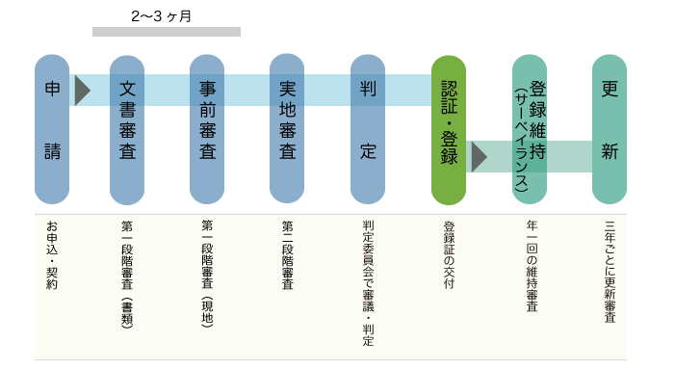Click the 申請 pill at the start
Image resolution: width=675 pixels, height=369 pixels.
(51, 129)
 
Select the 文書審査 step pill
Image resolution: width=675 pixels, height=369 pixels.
(126, 129)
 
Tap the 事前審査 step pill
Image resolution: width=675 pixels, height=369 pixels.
(206, 129)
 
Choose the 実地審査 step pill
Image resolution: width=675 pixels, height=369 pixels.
(287, 129)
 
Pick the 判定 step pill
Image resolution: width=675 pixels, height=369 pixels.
(367, 129)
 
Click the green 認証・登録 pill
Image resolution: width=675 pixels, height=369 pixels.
(448, 129)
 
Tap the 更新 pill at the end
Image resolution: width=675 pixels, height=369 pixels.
(609, 129)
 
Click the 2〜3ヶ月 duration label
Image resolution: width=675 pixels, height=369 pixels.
(161, 16)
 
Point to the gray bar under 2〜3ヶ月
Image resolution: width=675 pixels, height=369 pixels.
(166, 32)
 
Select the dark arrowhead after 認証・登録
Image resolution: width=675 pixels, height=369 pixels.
(479, 155)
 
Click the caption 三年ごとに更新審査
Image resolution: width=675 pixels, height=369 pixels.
(610, 272)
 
